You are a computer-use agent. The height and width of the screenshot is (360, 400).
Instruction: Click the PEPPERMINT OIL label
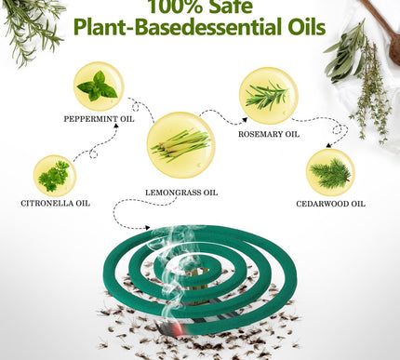[x=99, y=119]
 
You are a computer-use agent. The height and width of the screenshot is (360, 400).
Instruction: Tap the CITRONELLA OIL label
[x=56, y=204]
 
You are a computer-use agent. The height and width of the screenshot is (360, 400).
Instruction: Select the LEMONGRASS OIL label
[x=181, y=193]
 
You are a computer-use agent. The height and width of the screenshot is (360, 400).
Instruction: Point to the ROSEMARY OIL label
[x=269, y=134]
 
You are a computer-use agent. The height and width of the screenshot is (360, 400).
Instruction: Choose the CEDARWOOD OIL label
[x=330, y=204]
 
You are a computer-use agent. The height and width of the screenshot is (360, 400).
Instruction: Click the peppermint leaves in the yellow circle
[x=98, y=87]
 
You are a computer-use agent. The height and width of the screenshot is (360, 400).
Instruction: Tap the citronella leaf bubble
[x=55, y=176]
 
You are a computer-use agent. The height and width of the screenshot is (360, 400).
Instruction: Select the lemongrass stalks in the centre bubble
[x=181, y=145]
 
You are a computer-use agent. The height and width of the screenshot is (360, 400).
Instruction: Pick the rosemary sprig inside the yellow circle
[x=267, y=96]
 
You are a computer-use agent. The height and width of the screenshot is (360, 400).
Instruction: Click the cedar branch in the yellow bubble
[x=330, y=173]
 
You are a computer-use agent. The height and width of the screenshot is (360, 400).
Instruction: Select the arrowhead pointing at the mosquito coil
[x=148, y=228]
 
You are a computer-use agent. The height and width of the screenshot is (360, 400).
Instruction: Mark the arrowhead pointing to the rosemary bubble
[x=245, y=120]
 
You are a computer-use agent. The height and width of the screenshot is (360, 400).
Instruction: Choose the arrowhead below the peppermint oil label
[x=116, y=126]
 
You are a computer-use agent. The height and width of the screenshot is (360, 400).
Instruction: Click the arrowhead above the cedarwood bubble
[x=328, y=145]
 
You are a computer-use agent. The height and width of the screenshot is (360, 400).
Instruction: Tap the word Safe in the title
[x=231, y=7]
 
